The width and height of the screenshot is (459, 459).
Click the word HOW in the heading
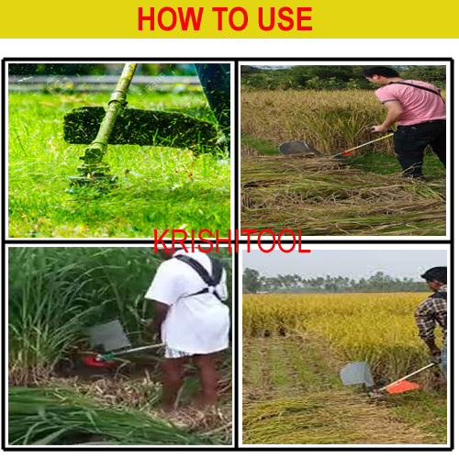[170, 19]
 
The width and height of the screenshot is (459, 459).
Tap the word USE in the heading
[285, 19]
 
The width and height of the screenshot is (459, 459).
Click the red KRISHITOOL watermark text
[232, 241]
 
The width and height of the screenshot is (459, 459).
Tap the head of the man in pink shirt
[380, 76]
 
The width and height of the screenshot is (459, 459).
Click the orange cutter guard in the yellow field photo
[401, 387]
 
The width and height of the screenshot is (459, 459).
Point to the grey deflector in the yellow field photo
[356, 374]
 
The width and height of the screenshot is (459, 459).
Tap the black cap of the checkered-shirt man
[435, 274]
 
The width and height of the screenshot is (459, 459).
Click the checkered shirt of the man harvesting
[432, 319]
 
